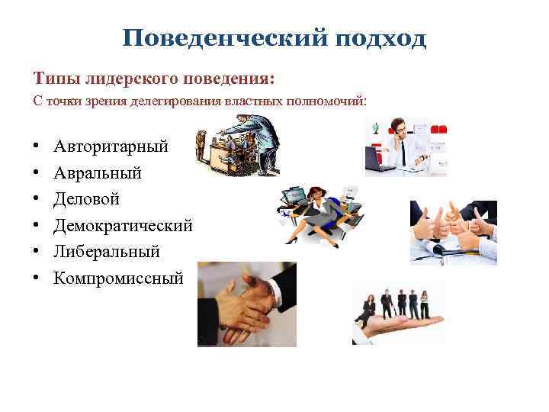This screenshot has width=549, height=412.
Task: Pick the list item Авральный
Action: (98, 173)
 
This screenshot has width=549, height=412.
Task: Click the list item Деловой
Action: (87, 199)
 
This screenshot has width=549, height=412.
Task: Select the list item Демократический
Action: (123, 225)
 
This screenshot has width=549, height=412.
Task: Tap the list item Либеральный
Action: (107, 251)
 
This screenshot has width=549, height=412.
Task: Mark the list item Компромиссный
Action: (118, 278)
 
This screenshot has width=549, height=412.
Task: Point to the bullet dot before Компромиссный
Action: (37, 277)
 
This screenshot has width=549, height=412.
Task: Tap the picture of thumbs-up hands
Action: (453, 232)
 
